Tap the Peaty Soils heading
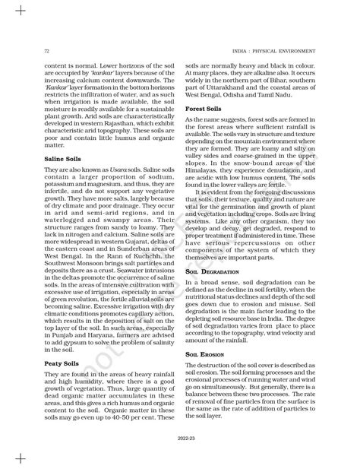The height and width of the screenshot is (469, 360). coord(63,364)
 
